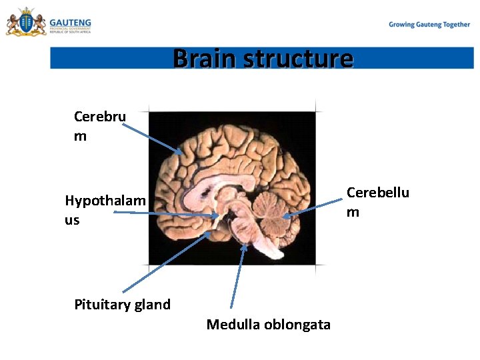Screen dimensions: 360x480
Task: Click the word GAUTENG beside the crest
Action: tap(70, 22)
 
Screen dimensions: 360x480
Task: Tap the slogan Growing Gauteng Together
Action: tap(429, 25)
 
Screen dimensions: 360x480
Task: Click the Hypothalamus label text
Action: tap(105, 209)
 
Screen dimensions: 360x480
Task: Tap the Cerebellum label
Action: tap(377, 201)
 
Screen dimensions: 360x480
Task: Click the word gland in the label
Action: tap(152, 305)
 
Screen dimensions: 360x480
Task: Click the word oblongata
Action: tap(297, 325)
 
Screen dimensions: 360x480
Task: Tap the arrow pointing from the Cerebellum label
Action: tap(313, 207)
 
